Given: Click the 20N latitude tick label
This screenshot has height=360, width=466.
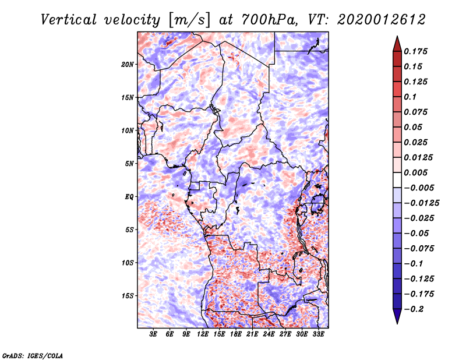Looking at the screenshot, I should (x=128, y=64).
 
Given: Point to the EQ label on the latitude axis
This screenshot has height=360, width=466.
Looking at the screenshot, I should (x=129, y=196).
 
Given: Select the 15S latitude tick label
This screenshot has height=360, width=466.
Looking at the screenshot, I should (x=128, y=295).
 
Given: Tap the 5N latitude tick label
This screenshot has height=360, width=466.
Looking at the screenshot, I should (x=129, y=163).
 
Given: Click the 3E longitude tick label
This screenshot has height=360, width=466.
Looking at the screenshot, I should (x=154, y=334).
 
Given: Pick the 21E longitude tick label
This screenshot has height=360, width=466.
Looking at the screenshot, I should (x=252, y=334).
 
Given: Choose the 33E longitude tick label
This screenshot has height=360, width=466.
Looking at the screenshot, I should (x=318, y=334).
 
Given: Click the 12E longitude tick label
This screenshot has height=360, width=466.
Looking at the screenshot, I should (x=203, y=334).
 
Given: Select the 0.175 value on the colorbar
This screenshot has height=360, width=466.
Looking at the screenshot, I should (x=417, y=51).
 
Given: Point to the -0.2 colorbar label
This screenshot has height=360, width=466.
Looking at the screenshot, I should (x=416, y=308).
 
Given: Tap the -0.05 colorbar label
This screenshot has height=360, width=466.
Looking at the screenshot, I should (x=419, y=233).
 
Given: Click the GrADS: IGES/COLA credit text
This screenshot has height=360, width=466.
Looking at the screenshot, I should (x=32, y=354).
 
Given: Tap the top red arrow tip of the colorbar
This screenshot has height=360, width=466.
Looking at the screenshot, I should (x=397, y=38).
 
